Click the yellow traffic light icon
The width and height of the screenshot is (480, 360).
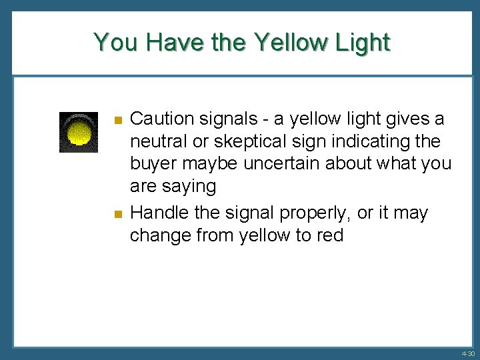click(x=79, y=132)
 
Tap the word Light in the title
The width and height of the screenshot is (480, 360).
click(x=363, y=42)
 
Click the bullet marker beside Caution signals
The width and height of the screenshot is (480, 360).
click(x=117, y=121)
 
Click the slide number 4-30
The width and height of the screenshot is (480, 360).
click(x=467, y=354)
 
